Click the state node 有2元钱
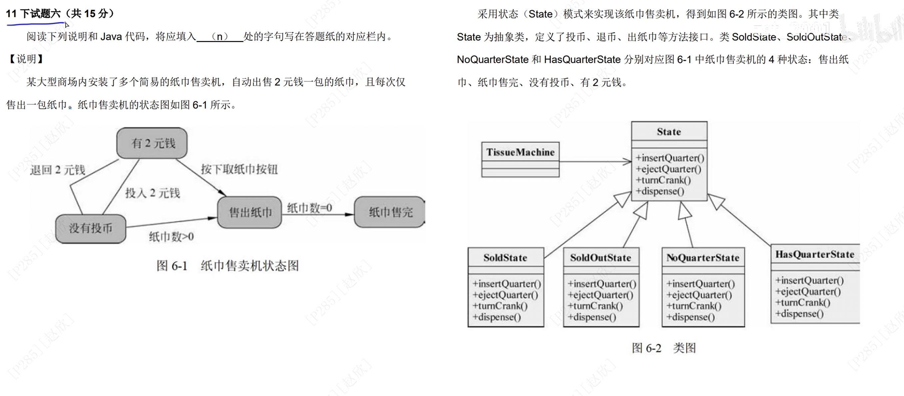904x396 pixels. pos(152,143)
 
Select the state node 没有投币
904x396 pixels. pos(91,229)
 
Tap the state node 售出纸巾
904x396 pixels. pos(250,212)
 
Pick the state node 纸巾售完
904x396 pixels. pos(390,212)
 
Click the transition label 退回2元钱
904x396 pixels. pos(58,170)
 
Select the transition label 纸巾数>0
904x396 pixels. pos(171,237)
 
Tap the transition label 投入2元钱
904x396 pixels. pos(153,193)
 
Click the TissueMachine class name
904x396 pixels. pos(520,152)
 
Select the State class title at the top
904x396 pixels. pos(669,132)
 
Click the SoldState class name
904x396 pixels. pos(505,258)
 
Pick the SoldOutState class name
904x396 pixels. pos(601,258)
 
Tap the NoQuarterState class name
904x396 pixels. pos(702,258)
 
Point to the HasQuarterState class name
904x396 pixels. pos(814,255)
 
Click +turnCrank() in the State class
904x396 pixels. pos(663,180)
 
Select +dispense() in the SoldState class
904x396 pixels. pos(497,317)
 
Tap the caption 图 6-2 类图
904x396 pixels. pos(664,348)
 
